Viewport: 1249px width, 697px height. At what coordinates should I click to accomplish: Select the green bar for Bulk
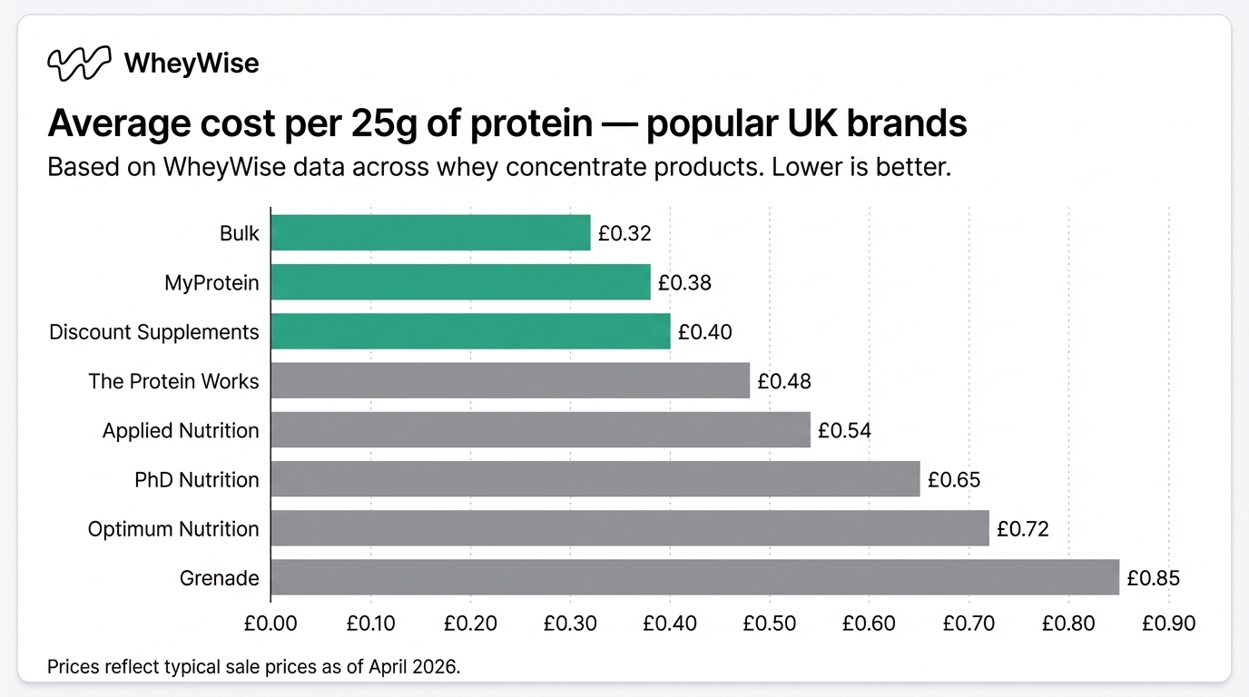pyautogui.click(x=430, y=233)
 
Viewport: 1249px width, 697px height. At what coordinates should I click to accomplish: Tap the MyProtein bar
pyautogui.click(x=460, y=282)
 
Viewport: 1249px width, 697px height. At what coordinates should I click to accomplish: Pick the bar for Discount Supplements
pyautogui.click(x=470, y=331)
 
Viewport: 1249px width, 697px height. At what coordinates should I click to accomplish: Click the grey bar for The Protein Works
pyautogui.click(x=510, y=380)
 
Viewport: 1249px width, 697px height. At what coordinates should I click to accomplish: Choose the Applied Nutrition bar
pyautogui.click(x=540, y=429)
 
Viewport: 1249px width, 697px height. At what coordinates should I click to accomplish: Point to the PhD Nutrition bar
pyautogui.click(x=595, y=478)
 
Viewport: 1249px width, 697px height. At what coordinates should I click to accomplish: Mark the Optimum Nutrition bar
pyautogui.click(x=629, y=527)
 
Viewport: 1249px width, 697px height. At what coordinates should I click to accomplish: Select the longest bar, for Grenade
pyautogui.click(x=694, y=577)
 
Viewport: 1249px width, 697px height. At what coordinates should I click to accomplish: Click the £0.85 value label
pyautogui.click(x=1153, y=578)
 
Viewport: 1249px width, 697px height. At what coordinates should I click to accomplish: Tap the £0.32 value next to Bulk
pyautogui.click(x=624, y=234)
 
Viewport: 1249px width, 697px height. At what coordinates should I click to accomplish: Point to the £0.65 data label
pyautogui.click(x=954, y=479)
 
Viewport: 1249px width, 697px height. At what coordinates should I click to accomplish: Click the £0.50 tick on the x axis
pyautogui.click(x=769, y=623)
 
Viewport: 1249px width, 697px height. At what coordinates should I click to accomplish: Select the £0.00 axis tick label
pyautogui.click(x=270, y=623)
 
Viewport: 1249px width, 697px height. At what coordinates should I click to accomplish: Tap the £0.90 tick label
pyautogui.click(x=1168, y=623)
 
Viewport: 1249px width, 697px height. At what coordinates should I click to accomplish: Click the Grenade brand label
pyautogui.click(x=220, y=578)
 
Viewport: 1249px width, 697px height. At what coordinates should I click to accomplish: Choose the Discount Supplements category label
pyautogui.click(x=153, y=332)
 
